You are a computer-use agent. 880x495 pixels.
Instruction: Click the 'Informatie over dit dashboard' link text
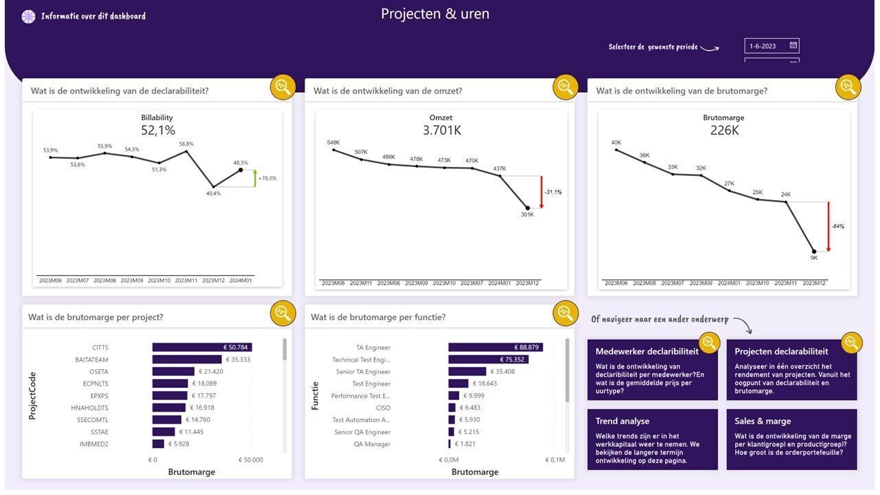tap(93, 16)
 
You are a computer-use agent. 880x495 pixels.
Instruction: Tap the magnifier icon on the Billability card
tap(283, 87)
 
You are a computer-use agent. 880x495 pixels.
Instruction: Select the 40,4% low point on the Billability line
tap(213, 186)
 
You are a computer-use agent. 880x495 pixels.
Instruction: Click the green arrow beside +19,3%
tap(255, 178)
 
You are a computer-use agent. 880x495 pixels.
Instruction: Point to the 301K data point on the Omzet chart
tap(527, 208)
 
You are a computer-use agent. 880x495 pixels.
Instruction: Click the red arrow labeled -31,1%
tap(541, 192)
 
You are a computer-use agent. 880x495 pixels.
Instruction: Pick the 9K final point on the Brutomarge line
tap(814, 252)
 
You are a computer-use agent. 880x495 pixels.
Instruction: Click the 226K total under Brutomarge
tap(724, 130)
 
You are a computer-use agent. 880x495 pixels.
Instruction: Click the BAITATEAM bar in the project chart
tap(186, 360)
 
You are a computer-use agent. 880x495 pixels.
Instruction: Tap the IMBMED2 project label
tap(93, 444)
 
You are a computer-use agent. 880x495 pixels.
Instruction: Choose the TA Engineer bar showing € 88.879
tap(495, 347)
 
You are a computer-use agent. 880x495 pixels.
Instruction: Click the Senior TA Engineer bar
tap(467, 372)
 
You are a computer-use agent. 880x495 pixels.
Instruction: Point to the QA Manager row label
tap(372, 444)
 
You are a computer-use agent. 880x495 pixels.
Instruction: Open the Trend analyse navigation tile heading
tap(622, 421)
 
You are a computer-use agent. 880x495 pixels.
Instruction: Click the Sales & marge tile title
tap(762, 421)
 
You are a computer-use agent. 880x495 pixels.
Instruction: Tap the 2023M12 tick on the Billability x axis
tap(213, 280)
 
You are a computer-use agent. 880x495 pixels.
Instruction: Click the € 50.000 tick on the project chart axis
tap(251, 460)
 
